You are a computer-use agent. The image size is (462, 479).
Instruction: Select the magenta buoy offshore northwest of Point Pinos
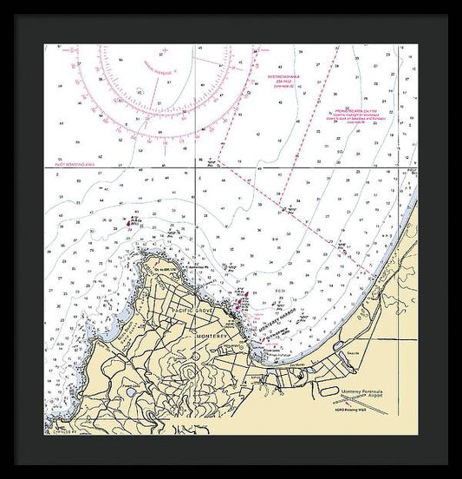click(x=131, y=222)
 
